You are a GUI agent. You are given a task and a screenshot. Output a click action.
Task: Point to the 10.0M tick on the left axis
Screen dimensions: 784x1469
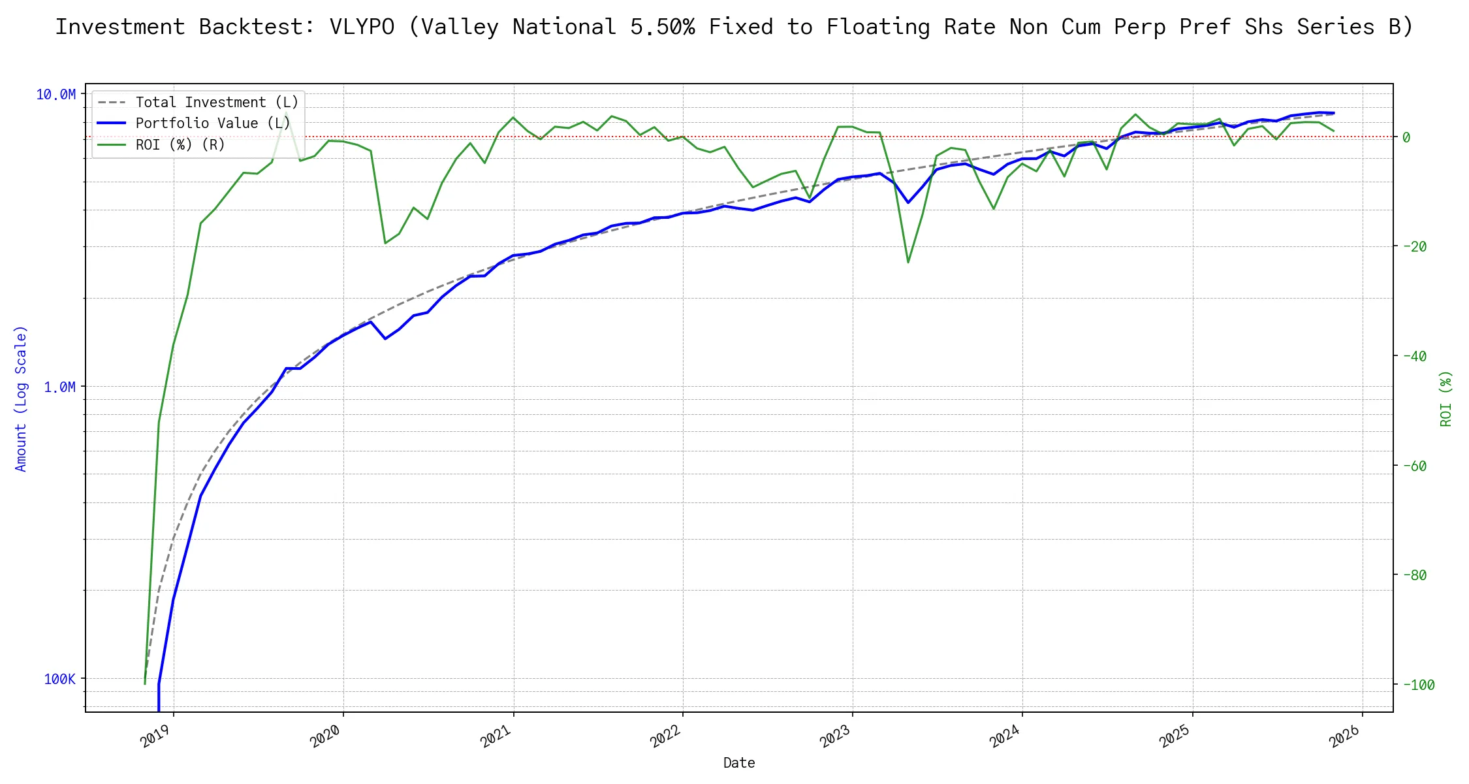click(55, 95)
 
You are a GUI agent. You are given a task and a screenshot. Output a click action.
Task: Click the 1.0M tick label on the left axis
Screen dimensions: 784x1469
click(59, 387)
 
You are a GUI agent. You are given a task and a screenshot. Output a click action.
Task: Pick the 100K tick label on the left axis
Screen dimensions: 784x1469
click(59, 679)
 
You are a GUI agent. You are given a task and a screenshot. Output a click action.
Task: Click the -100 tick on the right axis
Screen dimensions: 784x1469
click(1417, 685)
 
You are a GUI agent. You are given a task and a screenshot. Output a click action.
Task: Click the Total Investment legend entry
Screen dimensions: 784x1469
click(216, 103)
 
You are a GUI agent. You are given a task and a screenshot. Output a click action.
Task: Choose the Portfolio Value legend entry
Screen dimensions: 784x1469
click(212, 123)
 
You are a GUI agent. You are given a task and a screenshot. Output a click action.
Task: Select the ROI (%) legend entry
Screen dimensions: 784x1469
click(180, 144)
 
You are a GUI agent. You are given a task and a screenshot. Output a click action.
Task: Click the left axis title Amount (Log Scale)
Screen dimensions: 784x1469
click(21, 399)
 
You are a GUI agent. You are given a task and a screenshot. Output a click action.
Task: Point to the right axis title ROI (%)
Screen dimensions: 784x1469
click(1445, 399)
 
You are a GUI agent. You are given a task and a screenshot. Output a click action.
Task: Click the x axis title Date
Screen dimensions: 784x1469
click(739, 762)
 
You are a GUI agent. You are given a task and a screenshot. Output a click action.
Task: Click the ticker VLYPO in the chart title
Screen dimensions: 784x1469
click(362, 27)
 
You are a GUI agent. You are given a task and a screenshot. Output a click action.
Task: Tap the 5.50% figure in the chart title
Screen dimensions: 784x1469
click(662, 27)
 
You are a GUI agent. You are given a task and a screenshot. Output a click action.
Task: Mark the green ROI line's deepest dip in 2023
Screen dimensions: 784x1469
click(908, 263)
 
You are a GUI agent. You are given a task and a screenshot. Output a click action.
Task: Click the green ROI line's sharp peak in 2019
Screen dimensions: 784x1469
click(286, 113)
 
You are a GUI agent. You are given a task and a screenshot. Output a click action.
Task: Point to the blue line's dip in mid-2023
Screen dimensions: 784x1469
click(908, 203)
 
